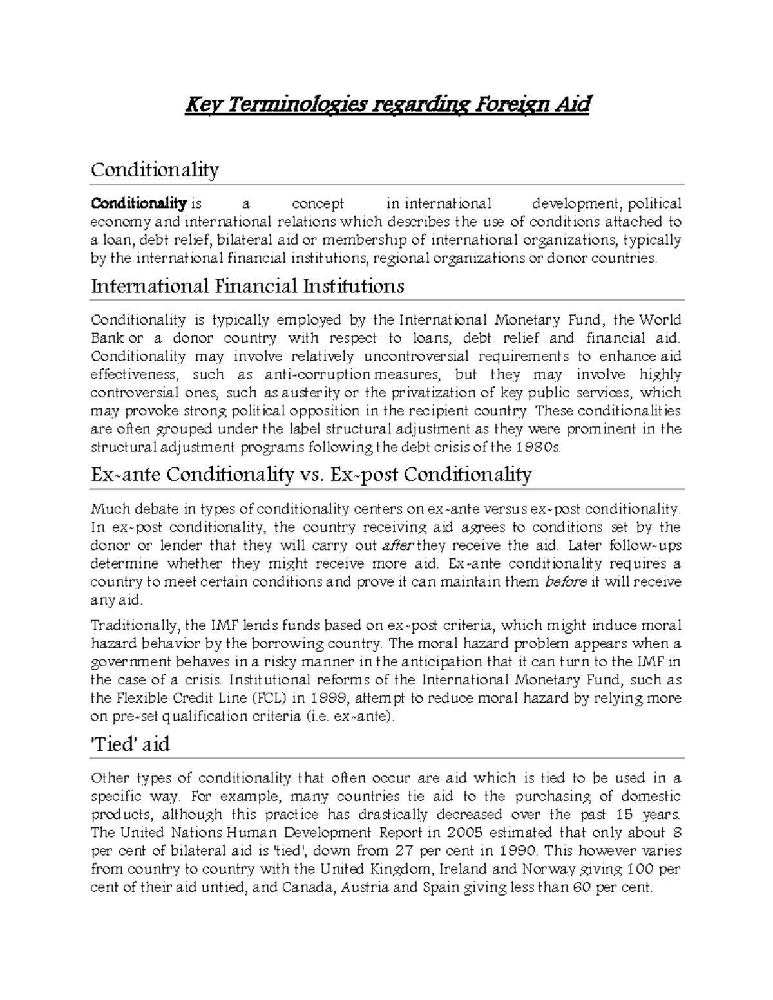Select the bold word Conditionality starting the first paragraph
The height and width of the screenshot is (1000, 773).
click(x=138, y=204)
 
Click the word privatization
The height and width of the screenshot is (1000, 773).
click(x=430, y=393)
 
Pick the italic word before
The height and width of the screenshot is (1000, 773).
click(x=566, y=582)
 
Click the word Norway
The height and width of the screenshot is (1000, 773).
click(x=548, y=869)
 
